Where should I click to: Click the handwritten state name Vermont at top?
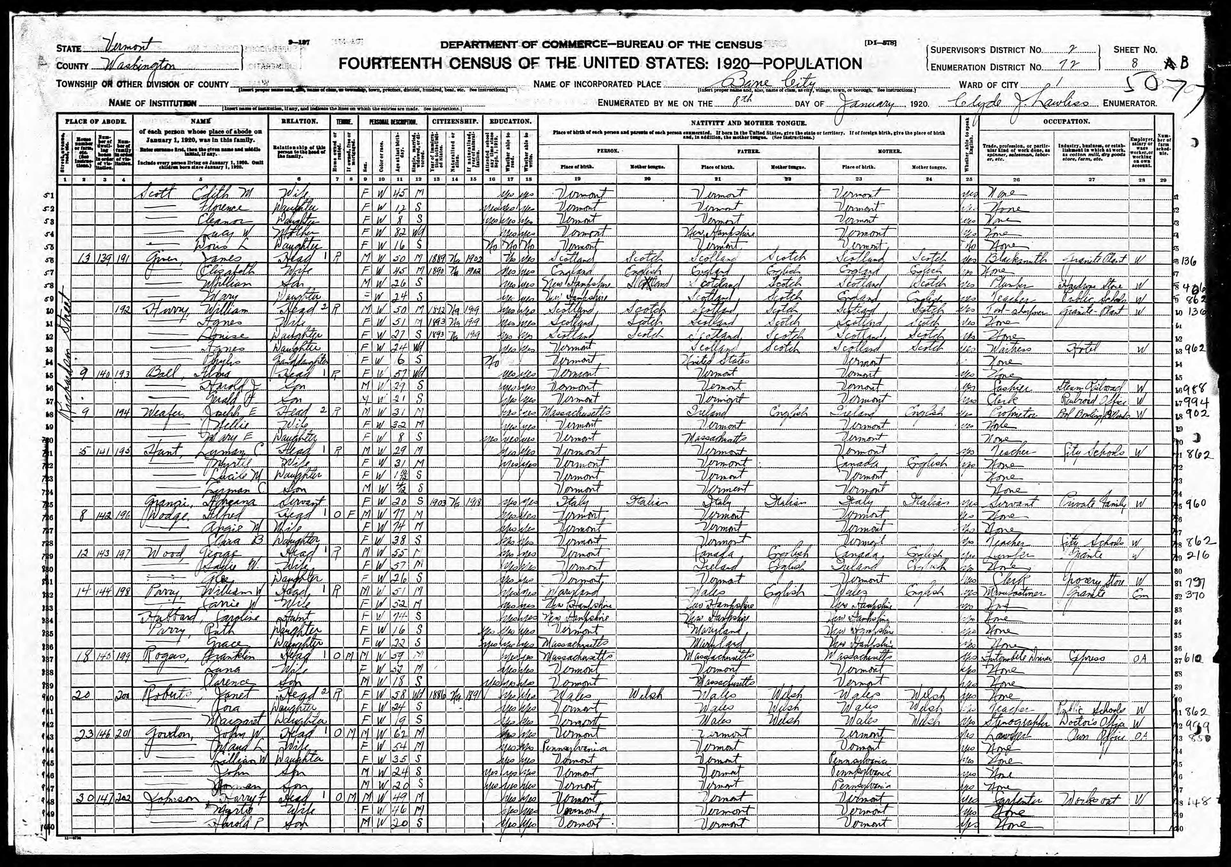(126, 47)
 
